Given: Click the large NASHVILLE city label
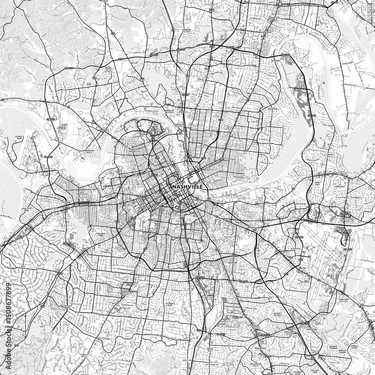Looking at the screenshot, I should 187,186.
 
